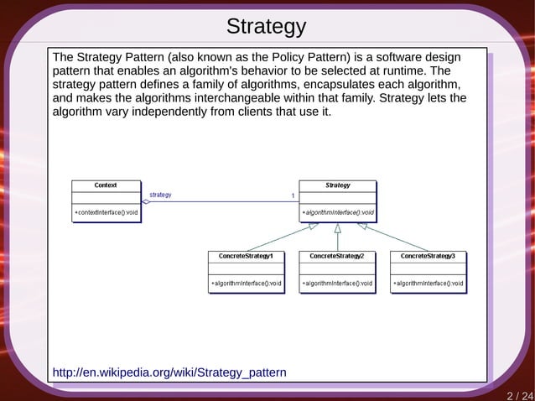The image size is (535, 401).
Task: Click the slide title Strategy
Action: [267, 27]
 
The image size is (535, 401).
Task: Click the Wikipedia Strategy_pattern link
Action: [169, 372]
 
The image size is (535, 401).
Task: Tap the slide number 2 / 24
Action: [519, 394]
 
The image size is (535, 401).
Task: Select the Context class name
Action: [106, 185]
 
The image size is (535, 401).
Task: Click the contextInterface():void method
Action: [106, 213]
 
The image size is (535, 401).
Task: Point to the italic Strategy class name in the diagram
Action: [337, 185]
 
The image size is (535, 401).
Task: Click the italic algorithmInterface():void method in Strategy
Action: [337, 213]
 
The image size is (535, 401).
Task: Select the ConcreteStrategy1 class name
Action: [246, 255]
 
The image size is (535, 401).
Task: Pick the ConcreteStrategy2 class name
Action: [337, 255]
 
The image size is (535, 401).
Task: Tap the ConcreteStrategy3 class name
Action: [428, 255]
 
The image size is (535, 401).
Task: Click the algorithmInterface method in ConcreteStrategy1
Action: [246, 284]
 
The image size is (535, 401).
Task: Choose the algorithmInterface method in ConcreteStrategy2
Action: [337, 284]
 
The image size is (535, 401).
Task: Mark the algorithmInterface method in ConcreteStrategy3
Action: [428, 284]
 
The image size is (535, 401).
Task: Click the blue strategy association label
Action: [160, 195]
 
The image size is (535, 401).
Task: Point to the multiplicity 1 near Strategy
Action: [293, 195]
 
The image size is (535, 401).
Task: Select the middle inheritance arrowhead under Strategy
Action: [337, 227]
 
